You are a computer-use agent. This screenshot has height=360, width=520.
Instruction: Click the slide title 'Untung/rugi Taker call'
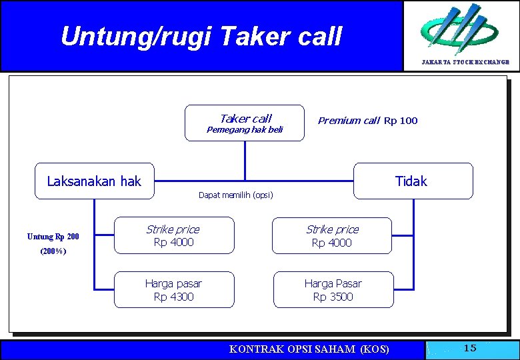pyautogui.click(x=201, y=36)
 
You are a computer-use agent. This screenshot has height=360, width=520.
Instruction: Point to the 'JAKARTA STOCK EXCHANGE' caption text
pyautogui.click(x=465, y=62)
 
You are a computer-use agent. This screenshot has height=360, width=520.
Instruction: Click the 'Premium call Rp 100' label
pyautogui.click(x=368, y=121)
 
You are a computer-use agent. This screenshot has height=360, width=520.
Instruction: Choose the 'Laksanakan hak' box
pyautogui.click(x=94, y=181)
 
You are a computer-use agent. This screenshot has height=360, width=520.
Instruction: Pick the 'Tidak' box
pyautogui.click(x=412, y=181)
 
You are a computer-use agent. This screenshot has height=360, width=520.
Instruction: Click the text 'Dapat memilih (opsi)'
pyautogui.click(x=235, y=195)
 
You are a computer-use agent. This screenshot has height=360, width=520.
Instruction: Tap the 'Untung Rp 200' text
pyautogui.click(x=53, y=237)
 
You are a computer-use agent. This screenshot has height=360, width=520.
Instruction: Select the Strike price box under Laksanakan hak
pyautogui.click(x=173, y=235)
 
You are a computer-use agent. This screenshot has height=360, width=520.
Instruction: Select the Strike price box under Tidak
pyautogui.click(x=332, y=235)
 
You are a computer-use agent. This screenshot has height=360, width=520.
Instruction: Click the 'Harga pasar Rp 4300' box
pyautogui.click(x=173, y=290)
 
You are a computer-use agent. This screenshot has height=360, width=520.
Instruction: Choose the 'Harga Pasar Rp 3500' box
pyautogui.click(x=333, y=290)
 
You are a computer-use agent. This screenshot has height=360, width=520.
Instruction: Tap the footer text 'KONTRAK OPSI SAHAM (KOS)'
pyautogui.click(x=309, y=349)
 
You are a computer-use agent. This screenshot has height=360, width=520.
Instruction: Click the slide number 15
pyautogui.click(x=470, y=348)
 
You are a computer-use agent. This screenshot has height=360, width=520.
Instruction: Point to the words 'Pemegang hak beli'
pyautogui.click(x=245, y=130)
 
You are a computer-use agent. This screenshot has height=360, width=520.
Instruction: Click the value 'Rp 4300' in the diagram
pyautogui.click(x=173, y=297)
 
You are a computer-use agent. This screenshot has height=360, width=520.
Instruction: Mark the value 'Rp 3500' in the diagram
pyautogui.click(x=333, y=297)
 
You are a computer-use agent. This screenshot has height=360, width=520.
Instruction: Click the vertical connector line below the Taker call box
pyautogui.click(x=245, y=160)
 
